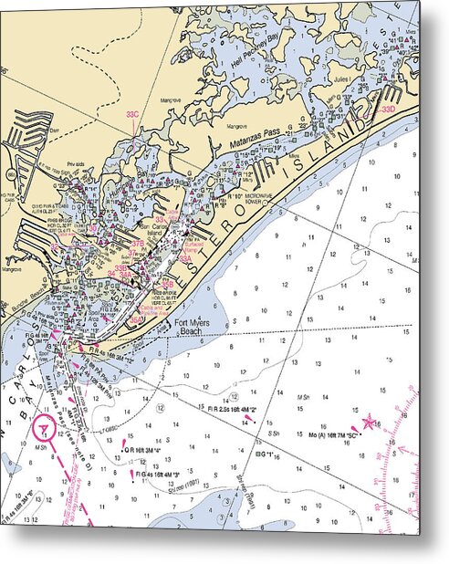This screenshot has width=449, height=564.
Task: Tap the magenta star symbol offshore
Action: (x=369, y=423)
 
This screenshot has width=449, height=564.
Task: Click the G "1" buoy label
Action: (x=266, y=454)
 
